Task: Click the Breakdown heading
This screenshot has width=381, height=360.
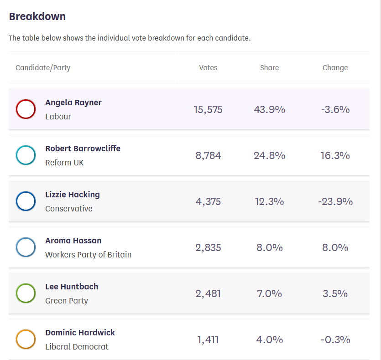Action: point(37,17)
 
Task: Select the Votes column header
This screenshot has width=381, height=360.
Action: point(208,68)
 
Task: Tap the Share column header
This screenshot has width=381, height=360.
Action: point(269,68)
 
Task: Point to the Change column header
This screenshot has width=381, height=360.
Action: point(335,68)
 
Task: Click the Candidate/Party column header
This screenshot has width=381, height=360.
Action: point(43,68)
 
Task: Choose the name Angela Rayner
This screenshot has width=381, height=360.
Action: point(73,103)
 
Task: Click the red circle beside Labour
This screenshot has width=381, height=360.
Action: point(26,109)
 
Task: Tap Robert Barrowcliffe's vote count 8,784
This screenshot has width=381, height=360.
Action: point(208,155)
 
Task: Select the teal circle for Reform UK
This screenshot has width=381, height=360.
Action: point(26,155)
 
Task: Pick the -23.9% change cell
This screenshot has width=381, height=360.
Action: point(335,201)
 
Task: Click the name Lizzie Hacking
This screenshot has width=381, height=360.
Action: point(73,195)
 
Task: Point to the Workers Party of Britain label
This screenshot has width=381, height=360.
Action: point(88,255)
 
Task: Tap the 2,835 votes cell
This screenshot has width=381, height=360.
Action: point(208,247)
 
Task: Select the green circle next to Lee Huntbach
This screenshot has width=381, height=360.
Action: point(26,293)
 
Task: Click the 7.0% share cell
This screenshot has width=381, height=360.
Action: point(269,293)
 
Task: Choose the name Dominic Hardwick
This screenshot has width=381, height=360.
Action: point(80,333)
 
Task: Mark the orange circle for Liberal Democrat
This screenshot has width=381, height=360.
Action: point(26,339)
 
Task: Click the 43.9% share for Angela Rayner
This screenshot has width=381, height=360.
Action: point(269,109)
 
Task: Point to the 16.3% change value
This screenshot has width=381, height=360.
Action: point(335,155)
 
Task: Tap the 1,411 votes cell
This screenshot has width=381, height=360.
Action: point(208,339)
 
